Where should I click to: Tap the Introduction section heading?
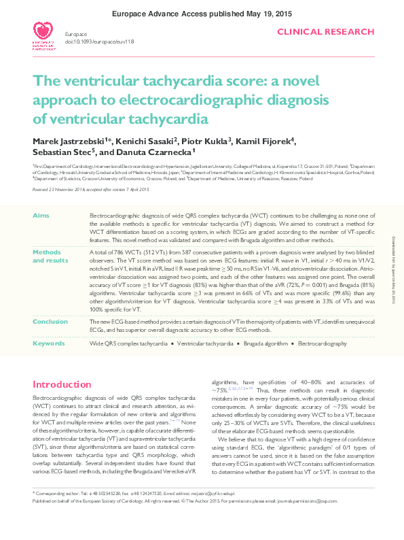point(62,384)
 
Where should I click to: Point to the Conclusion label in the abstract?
point(50,321)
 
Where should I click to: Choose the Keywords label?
point(49,344)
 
